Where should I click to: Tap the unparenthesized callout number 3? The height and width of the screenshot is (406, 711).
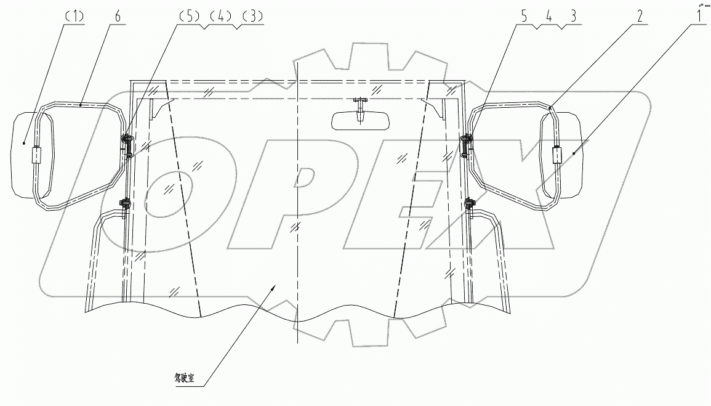pos(574,17)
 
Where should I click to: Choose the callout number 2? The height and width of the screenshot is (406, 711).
pos(640,17)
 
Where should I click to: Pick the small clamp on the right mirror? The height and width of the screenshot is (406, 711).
pos(558,155)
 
